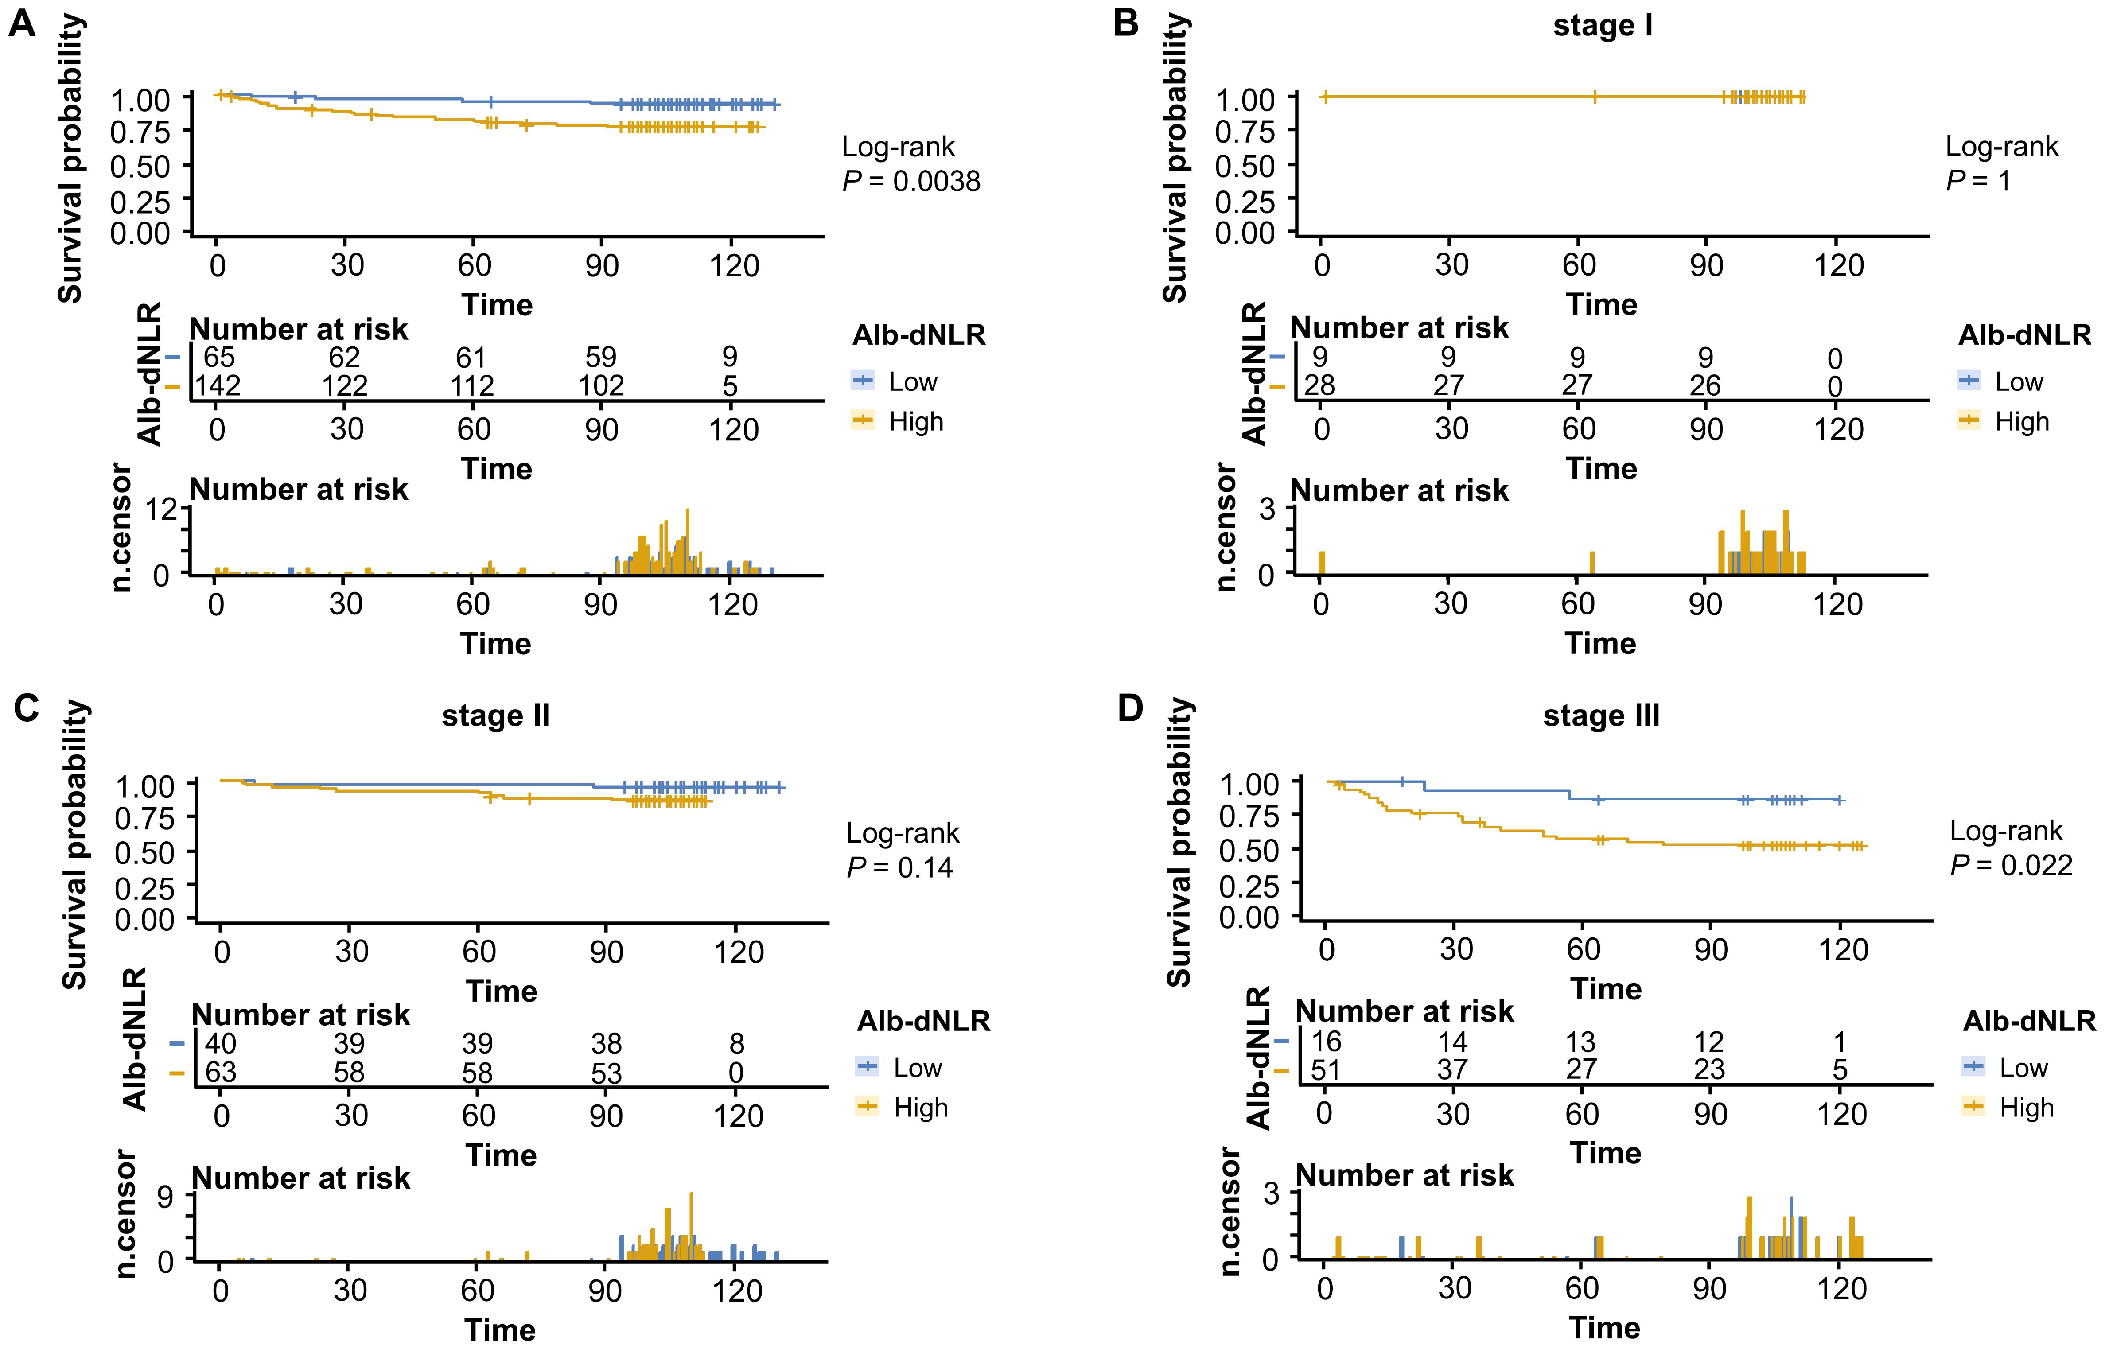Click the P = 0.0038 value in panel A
911,181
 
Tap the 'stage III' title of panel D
1600,715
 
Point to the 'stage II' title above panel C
496,715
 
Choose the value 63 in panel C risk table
221,1072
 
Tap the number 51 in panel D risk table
1325,1069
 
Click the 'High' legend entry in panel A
915,421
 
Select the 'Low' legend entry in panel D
2023,1068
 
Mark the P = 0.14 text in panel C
899,867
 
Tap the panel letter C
26,708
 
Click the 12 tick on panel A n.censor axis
162,508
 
